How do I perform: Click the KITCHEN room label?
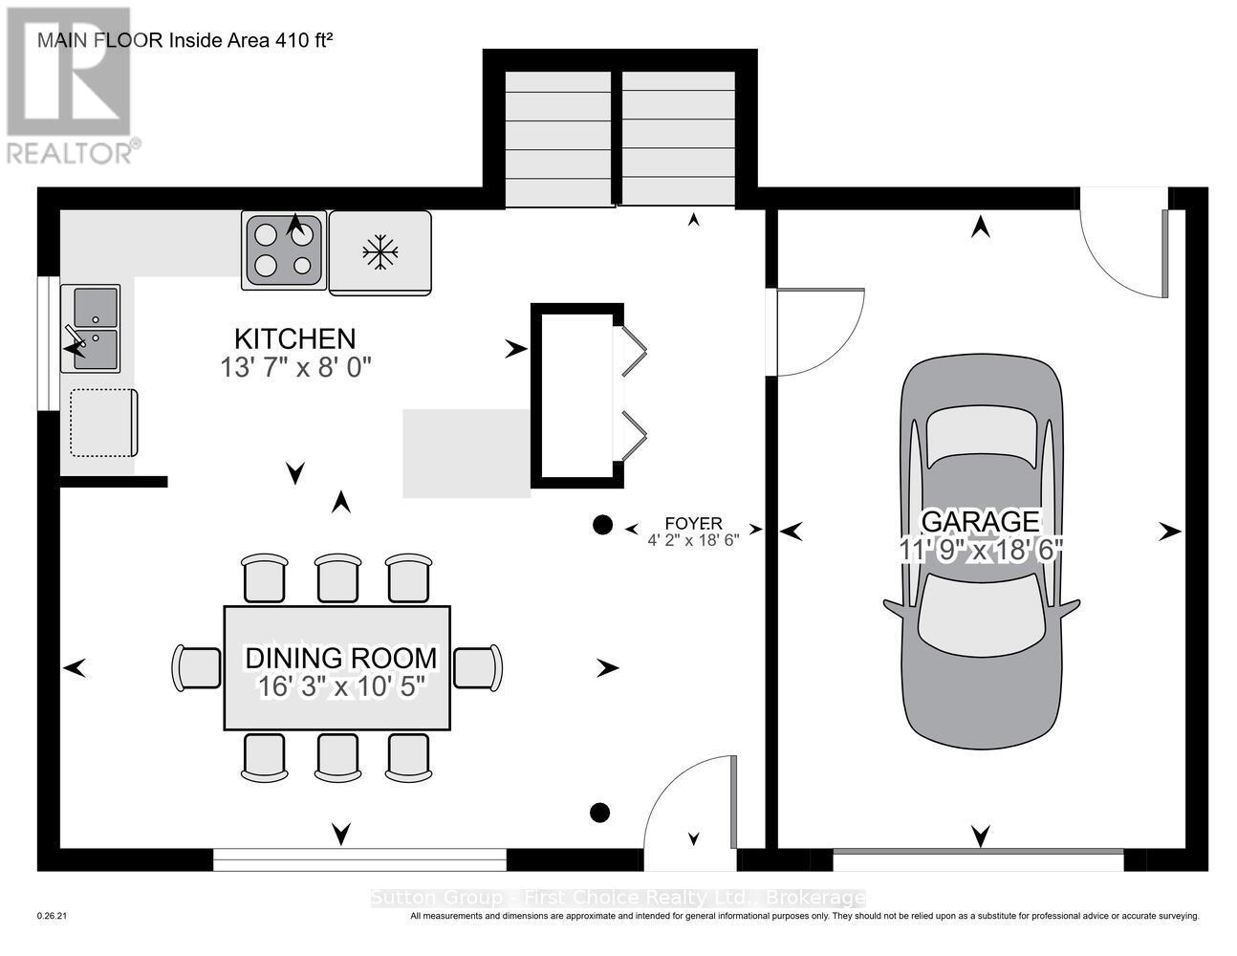pos(294,339)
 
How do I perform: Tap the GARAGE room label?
pos(980,521)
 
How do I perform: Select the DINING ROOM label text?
pos(341,658)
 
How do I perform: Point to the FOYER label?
pos(693,523)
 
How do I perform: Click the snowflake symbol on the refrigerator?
pos(380,251)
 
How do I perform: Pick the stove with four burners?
pos(284,250)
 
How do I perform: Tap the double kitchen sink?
pos(91,329)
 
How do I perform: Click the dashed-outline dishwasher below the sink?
pos(103,423)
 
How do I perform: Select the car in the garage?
pos(981,551)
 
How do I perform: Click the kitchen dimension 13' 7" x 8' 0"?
pos(295,368)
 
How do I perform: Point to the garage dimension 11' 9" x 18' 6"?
pos(980,550)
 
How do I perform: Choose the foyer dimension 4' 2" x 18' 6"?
pos(693,540)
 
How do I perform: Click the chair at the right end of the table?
pos(478,667)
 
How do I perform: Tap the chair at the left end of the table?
pos(196,668)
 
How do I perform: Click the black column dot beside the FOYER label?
pos(602,525)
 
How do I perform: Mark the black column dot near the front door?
pos(599,813)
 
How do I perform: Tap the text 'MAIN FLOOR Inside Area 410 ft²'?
pos(185,41)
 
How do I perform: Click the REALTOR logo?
pos(72,85)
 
